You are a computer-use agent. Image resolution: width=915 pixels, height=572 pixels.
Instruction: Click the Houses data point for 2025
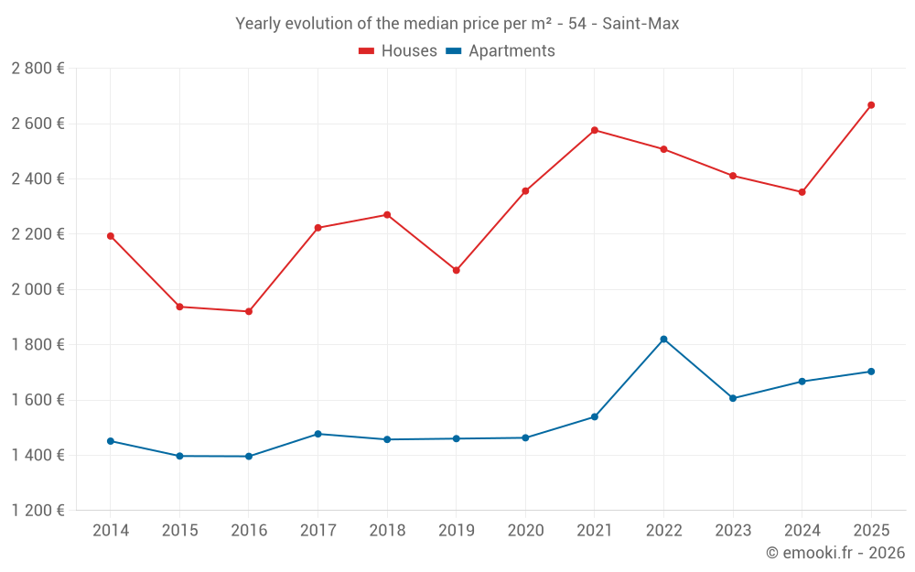[x=871, y=105]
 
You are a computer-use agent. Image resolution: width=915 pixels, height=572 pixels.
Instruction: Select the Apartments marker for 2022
[x=663, y=340]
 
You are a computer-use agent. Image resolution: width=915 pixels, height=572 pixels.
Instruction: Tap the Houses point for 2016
[x=249, y=312]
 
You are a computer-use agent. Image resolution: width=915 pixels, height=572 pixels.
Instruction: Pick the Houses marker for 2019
[x=457, y=270]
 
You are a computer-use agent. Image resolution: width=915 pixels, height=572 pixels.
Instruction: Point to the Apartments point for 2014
[x=111, y=441]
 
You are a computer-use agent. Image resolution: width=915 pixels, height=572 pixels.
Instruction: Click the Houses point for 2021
[x=595, y=130]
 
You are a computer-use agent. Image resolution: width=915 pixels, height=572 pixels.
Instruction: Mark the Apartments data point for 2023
[x=733, y=398]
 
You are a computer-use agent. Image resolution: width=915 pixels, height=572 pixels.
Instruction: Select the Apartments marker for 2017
[x=318, y=434]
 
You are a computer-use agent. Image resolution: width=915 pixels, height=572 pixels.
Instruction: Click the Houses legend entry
[x=398, y=51]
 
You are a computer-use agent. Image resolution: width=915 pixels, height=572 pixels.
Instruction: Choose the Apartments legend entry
[x=501, y=51]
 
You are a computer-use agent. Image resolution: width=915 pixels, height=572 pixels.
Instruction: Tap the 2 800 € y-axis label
[x=38, y=69]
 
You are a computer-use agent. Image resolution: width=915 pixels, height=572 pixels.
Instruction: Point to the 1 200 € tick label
[x=38, y=511]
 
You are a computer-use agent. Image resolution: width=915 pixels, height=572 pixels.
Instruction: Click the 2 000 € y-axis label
[x=38, y=289]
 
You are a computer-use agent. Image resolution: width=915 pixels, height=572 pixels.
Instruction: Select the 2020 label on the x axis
[x=525, y=531]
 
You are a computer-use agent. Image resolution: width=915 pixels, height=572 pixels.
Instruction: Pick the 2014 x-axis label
[x=111, y=531]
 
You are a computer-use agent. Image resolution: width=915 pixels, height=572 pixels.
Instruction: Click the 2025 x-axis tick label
[x=871, y=531]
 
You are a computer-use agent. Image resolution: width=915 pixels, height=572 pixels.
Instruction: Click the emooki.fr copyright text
[x=835, y=553]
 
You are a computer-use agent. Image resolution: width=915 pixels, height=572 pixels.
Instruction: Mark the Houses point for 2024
[x=802, y=192]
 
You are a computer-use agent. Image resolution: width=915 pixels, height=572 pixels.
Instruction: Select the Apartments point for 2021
[x=595, y=417]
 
